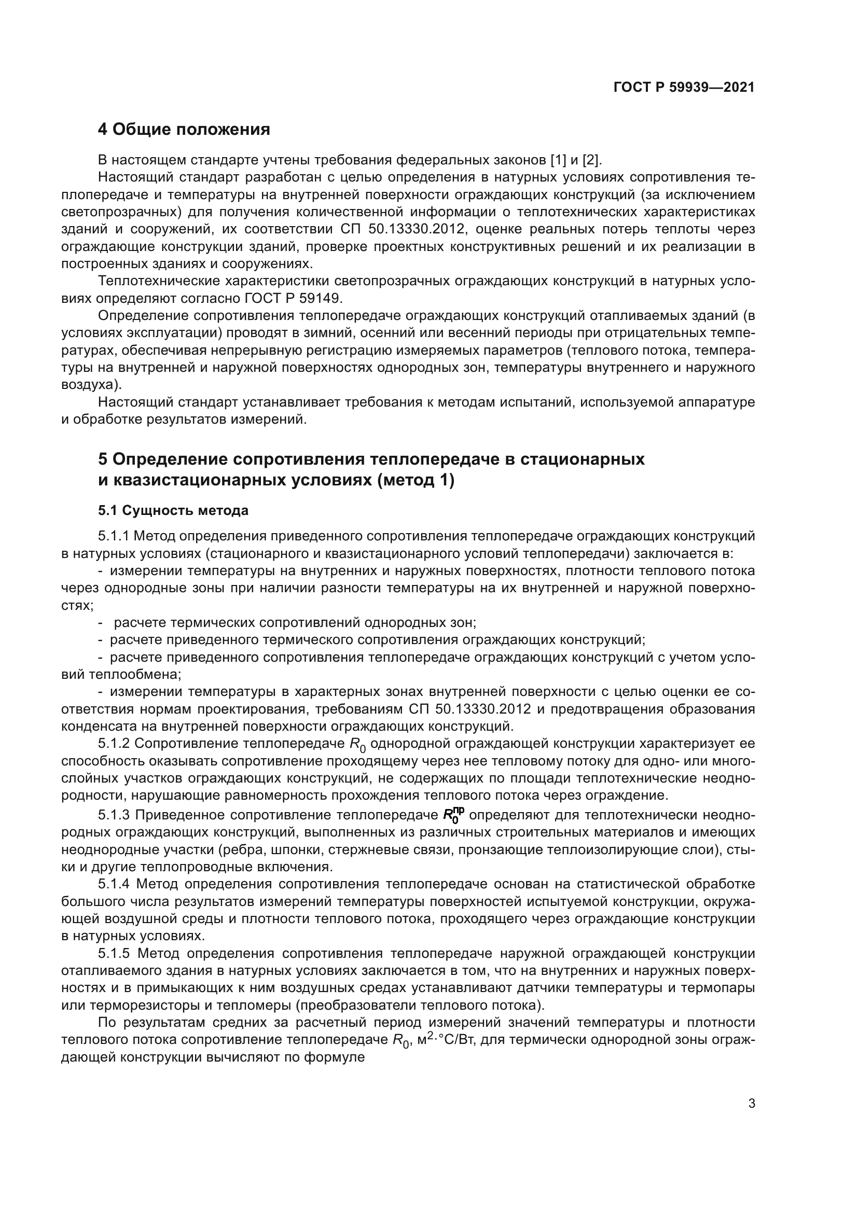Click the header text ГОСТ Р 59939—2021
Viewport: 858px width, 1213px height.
tap(684, 88)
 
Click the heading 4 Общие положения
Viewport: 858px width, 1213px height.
tap(184, 130)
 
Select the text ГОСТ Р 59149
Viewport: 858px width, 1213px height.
tap(293, 299)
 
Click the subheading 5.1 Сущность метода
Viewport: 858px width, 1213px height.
tap(173, 511)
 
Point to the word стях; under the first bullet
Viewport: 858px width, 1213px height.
tap(77, 605)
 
